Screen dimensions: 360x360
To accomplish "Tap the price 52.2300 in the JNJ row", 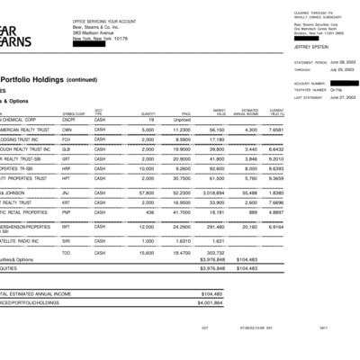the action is [x=182, y=193].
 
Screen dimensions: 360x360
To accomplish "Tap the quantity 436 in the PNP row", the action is [x=149, y=213].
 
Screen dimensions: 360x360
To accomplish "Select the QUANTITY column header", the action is [x=148, y=113].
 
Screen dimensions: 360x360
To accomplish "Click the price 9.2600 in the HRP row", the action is [x=183, y=167].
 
